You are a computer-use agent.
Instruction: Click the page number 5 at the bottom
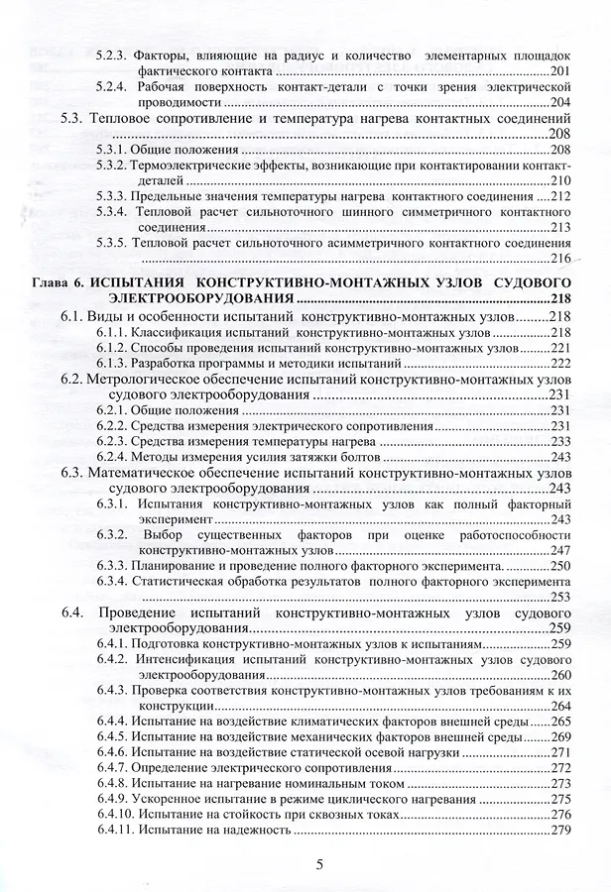pyautogui.click(x=318, y=863)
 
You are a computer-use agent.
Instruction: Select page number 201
pyautogui.click(x=560, y=72)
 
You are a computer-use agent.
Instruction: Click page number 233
pyautogui.click(x=561, y=440)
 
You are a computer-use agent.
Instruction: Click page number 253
pyautogui.click(x=560, y=597)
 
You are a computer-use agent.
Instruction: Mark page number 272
pyautogui.click(x=561, y=767)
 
